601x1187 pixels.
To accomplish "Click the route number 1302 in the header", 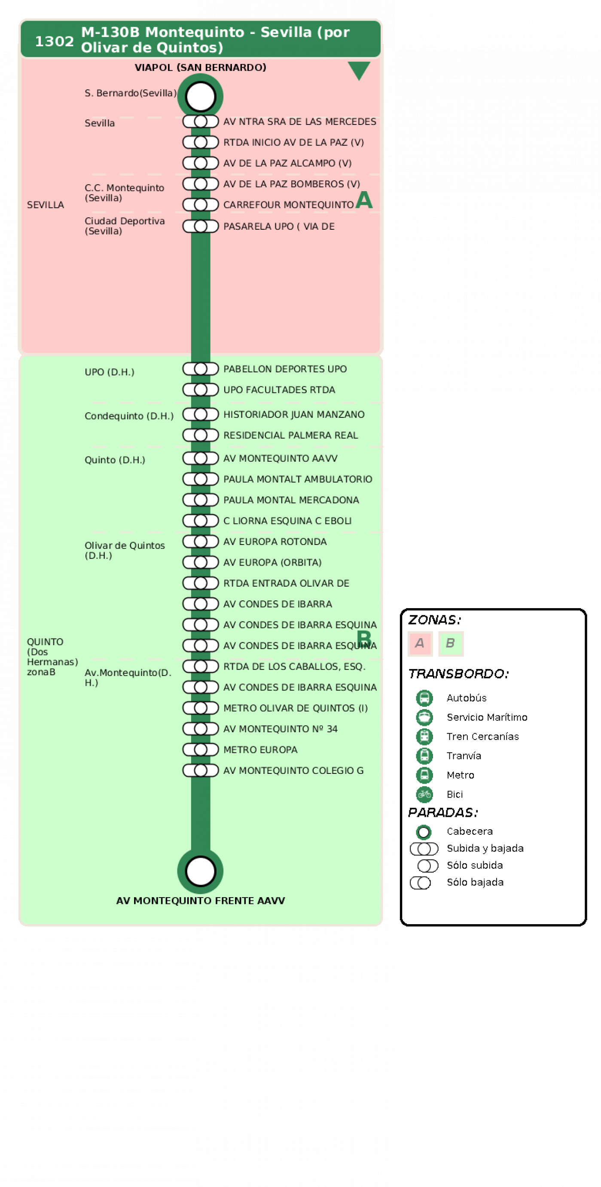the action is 55,42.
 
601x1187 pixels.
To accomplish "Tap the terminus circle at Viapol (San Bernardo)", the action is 201,97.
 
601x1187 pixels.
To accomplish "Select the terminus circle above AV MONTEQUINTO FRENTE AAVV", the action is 201,871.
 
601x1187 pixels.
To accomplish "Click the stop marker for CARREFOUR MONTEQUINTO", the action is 201,204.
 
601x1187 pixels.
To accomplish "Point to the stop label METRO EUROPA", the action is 260,750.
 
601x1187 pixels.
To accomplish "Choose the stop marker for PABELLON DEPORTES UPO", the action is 201,368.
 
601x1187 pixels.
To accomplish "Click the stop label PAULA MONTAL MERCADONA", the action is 291,500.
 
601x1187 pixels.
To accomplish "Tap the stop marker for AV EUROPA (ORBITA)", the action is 201,562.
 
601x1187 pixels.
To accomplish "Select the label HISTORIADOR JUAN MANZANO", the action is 294,414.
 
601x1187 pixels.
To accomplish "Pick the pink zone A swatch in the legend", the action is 420,643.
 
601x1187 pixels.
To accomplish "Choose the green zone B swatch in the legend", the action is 451,643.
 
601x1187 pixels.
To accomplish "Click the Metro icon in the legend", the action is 424,775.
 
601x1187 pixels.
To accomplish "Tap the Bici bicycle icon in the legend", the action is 424,794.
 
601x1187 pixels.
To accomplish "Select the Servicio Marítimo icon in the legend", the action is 424,717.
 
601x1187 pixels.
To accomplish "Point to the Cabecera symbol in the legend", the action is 424,832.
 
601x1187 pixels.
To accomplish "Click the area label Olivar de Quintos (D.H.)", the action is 125,550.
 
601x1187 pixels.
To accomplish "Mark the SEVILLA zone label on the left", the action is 45,205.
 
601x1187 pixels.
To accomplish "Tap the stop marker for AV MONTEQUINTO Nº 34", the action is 201,728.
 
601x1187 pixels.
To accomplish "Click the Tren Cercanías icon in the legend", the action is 424,737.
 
